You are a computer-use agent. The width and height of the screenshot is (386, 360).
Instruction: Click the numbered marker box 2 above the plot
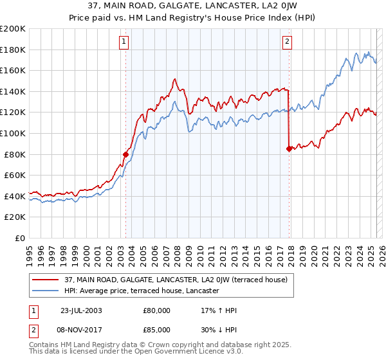click(286, 42)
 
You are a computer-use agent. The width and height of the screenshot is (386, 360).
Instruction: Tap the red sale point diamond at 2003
click(126, 154)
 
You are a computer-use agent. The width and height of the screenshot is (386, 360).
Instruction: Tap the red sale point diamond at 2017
click(289, 148)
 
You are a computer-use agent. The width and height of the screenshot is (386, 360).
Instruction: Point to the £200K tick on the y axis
click(13, 29)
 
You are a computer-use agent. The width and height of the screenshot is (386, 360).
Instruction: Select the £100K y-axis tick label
click(13, 133)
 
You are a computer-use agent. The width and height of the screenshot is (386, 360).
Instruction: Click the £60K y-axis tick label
click(15, 175)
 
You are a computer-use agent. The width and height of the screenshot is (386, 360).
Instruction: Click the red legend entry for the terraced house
click(179, 280)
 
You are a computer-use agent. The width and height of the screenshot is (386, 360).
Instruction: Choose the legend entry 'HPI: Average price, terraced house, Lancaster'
click(142, 291)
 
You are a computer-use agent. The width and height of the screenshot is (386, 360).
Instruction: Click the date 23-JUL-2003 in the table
click(81, 310)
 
